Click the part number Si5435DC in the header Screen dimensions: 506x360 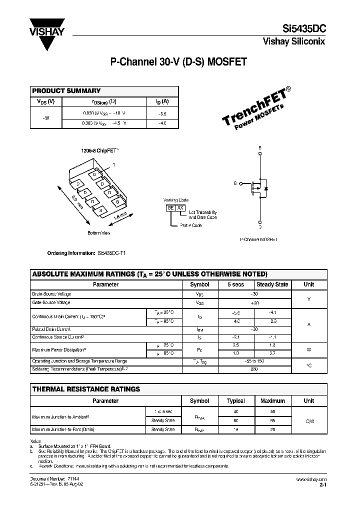pos(303,29)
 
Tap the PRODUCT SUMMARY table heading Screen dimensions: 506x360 pos(66,91)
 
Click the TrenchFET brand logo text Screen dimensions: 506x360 pos(254,110)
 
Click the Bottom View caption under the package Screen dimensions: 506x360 pos(98,233)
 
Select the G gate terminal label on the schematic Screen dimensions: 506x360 pos(235,184)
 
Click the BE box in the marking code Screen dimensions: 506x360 pos(170,207)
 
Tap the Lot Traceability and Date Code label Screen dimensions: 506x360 pos(202,215)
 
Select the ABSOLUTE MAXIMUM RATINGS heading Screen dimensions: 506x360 pos(149,274)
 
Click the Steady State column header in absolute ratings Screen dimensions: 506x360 pos(272,284)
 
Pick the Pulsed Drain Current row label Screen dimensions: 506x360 pos(51,329)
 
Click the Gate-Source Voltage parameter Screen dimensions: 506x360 pos(51,302)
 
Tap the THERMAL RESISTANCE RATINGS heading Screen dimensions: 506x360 pos(86,389)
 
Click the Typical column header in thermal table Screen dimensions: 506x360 pos(236,400)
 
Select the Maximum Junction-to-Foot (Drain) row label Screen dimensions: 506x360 pos(63,429)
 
